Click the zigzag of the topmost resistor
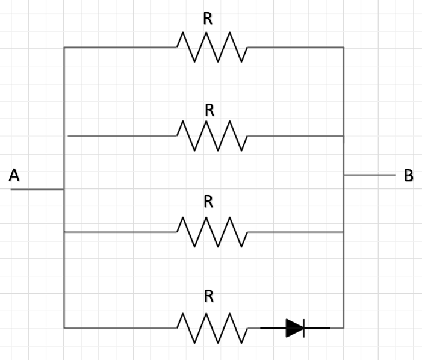[x=211, y=47]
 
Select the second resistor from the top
[x=211, y=136]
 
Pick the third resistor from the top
[x=211, y=232]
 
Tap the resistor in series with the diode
[x=211, y=328]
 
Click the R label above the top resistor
[x=208, y=19]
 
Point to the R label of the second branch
[x=209, y=110]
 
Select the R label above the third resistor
[x=208, y=202]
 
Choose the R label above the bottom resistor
[x=209, y=296]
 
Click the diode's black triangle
[x=294, y=328]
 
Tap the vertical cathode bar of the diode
[x=304, y=328]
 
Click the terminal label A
[x=14, y=175]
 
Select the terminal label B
[x=409, y=176]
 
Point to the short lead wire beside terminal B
[x=369, y=175]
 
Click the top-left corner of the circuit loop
[x=64, y=47]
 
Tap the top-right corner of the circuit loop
[x=343, y=47]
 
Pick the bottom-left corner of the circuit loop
[x=64, y=328]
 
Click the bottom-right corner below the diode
[x=343, y=328]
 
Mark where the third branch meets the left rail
[x=64, y=232]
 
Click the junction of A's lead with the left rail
[x=64, y=190]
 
